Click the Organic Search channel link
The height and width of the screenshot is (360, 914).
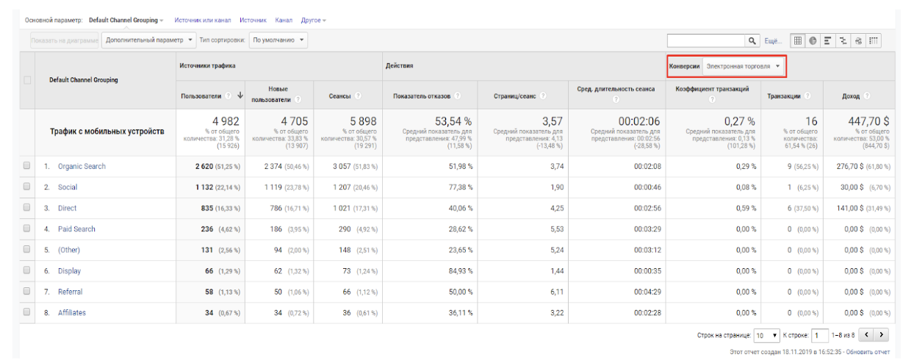coord(82,167)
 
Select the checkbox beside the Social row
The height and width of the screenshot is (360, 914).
coord(26,187)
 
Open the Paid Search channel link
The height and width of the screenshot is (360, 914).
coord(76,229)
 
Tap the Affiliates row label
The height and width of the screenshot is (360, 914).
coord(72,313)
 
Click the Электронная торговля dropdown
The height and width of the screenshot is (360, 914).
coord(743,66)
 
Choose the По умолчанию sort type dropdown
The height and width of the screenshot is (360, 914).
coord(278,40)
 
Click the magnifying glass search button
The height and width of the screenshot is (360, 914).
coord(752,40)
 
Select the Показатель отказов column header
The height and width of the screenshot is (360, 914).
coord(422,96)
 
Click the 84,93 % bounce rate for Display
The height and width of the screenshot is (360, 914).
coord(456,271)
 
